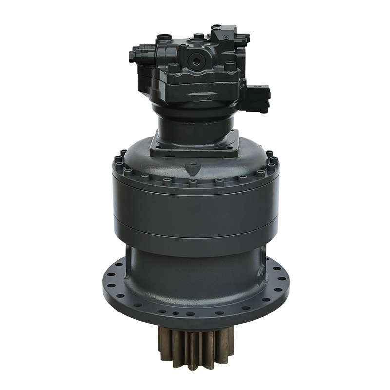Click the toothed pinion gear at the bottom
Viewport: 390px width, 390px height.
(195, 347)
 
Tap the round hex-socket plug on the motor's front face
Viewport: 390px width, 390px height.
(197, 61)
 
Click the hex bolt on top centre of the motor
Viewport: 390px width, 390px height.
(197, 36)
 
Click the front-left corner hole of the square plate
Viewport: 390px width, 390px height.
(156, 152)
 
